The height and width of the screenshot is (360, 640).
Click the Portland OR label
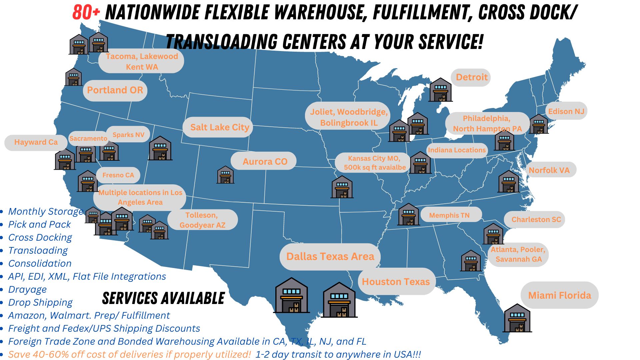115,90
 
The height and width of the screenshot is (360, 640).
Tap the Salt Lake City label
219,127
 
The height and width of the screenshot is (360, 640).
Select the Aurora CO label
265,162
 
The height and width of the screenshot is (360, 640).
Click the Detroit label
471,77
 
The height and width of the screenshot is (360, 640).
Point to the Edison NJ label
566,111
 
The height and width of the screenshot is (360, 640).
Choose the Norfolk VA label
549,170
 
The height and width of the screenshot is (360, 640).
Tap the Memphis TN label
449,215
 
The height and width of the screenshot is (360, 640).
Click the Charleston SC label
536,220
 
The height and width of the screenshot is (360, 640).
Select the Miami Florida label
559,295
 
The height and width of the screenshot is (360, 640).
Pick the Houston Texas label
396,282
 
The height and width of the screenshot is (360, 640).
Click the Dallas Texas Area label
330,257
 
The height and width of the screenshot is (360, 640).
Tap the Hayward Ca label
36,142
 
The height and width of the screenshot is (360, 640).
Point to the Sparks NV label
128,135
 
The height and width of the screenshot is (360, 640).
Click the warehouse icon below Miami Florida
517,318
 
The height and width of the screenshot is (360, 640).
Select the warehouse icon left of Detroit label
440,90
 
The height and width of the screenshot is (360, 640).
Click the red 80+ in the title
86,13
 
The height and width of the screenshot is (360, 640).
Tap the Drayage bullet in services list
27,289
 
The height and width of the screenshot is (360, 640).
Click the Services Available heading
163,298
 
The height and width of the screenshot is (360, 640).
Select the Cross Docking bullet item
40,237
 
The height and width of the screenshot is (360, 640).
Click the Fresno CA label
118,175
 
